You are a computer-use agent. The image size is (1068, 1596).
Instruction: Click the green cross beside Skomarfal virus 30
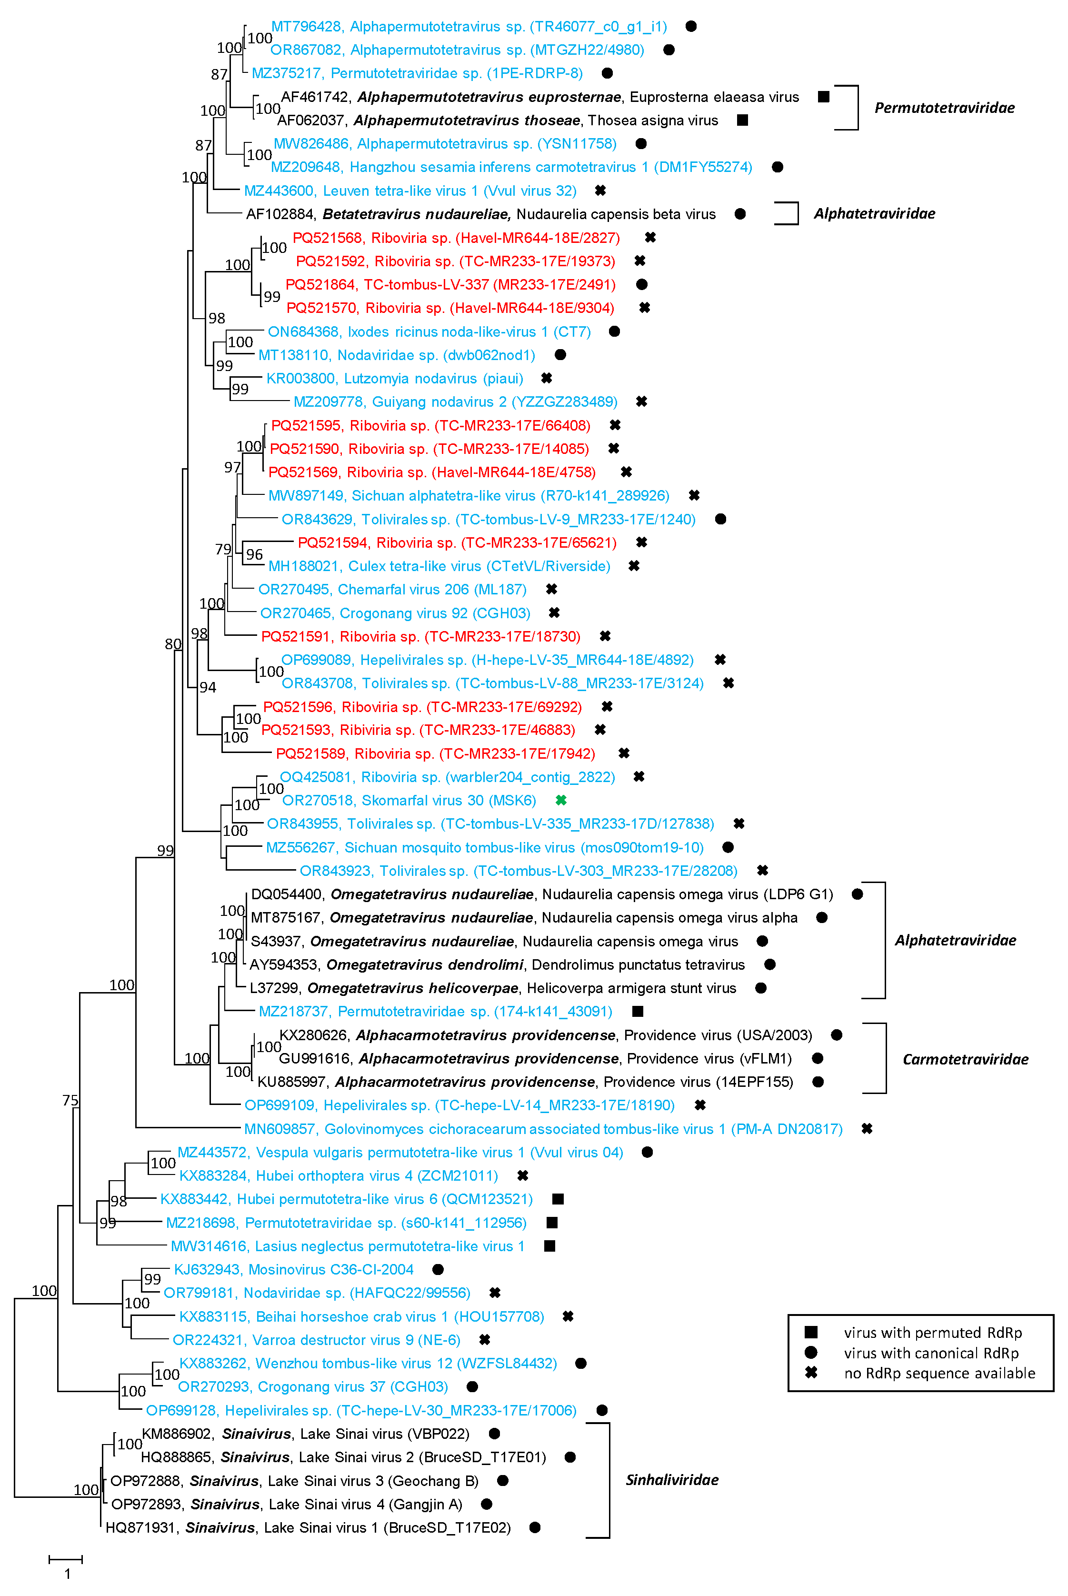pyautogui.click(x=561, y=801)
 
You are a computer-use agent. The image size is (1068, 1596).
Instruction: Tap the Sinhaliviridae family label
pyautogui.click(x=672, y=1479)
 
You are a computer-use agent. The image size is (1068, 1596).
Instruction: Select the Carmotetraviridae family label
pyautogui.click(x=965, y=1059)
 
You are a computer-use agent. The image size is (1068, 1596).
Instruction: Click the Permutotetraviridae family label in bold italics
pyautogui.click(x=944, y=108)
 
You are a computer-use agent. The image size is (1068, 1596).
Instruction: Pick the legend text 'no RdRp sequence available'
pyautogui.click(x=939, y=1373)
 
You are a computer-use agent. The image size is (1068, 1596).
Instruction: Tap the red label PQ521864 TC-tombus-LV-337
pyautogui.click(x=450, y=284)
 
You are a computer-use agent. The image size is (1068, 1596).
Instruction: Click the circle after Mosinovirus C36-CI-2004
pyautogui.click(x=438, y=1269)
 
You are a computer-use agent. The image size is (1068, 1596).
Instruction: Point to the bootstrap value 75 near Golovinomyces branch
pyautogui.click(x=70, y=1100)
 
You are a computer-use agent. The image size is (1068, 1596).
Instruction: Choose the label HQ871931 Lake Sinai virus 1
pyautogui.click(x=308, y=1527)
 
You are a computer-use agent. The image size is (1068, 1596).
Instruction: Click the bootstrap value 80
pyautogui.click(x=173, y=644)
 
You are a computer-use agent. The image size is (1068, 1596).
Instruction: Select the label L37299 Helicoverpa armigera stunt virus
pyautogui.click(x=492, y=988)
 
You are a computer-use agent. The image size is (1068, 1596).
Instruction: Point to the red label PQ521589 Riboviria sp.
pyautogui.click(x=435, y=753)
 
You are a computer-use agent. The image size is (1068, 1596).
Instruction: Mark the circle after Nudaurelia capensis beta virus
pyautogui.click(x=740, y=214)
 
